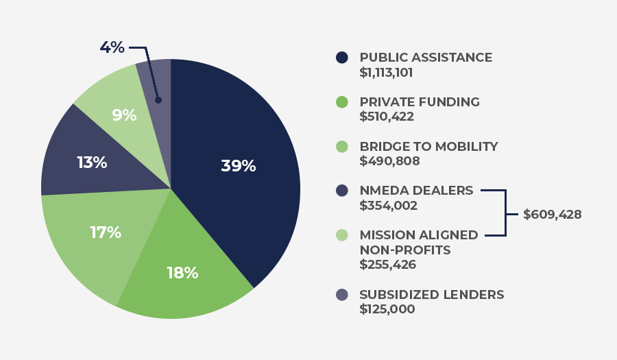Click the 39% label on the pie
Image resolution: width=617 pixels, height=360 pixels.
[x=238, y=166]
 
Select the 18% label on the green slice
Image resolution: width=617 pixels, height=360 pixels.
[x=182, y=273]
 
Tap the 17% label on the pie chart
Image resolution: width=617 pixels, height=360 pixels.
[x=106, y=232]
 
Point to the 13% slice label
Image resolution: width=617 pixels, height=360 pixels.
[x=92, y=163]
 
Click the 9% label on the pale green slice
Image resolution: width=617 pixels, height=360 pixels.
[x=124, y=115]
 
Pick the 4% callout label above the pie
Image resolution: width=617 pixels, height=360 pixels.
[x=112, y=47]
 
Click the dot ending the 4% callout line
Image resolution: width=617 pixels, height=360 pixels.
[x=158, y=100]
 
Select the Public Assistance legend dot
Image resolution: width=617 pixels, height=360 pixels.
[x=342, y=58]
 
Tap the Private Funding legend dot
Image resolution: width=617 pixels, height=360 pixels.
[x=342, y=102]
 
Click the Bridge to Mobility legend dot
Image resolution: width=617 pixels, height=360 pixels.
[x=342, y=147]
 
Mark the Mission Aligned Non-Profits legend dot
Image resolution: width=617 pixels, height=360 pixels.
[x=342, y=235]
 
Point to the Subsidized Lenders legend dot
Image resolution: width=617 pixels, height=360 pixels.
[x=342, y=295]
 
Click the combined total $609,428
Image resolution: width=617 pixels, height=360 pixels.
[x=552, y=215]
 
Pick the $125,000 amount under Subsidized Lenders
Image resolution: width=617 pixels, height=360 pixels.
[x=387, y=309]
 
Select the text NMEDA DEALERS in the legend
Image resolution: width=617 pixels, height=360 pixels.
[x=416, y=191]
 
